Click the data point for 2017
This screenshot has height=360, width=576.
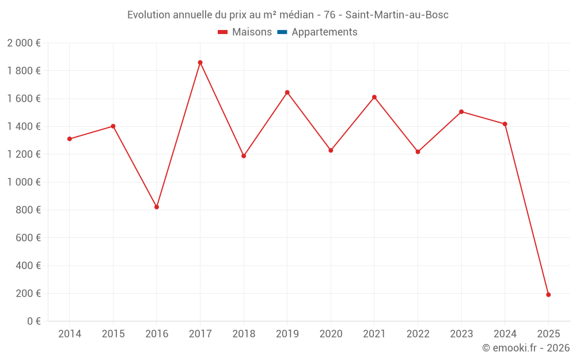(x=200, y=62)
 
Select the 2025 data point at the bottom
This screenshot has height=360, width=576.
(x=548, y=295)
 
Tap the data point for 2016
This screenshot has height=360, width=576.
(x=157, y=207)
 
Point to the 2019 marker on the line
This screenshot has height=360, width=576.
(x=287, y=92)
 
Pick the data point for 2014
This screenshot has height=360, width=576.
(x=69, y=139)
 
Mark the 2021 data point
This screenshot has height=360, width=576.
(x=374, y=97)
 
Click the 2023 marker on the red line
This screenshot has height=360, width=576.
(x=461, y=112)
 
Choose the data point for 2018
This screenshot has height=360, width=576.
(x=244, y=156)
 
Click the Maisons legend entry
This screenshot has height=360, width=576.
(x=245, y=32)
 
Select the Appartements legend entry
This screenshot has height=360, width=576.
(x=324, y=32)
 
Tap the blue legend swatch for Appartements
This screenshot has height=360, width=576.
(x=282, y=32)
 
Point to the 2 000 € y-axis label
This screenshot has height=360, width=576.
(x=24, y=43)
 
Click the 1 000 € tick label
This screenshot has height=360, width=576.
(x=24, y=182)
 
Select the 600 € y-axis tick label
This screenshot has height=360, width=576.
(x=27, y=238)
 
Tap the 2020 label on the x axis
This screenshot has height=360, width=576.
(x=331, y=334)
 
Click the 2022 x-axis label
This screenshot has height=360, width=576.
(x=418, y=334)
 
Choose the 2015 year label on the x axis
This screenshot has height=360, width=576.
(x=113, y=334)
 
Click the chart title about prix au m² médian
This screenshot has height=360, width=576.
(x=287, y=15)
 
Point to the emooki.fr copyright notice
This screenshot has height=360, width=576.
(x=525, y=348)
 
